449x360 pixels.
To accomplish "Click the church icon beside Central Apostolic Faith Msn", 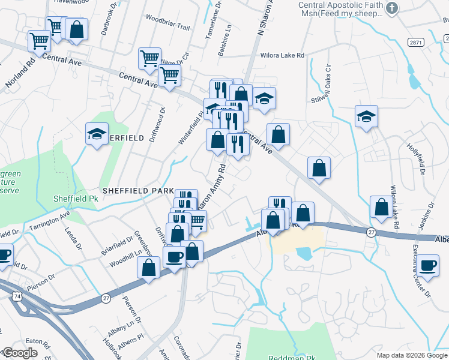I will click(392, 8).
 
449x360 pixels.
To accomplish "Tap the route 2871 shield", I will click(414, 41).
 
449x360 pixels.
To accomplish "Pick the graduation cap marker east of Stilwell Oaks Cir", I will click(366, 117).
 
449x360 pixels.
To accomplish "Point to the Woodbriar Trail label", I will click(167, 28).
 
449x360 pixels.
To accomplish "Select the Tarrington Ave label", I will click(48, 221).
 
